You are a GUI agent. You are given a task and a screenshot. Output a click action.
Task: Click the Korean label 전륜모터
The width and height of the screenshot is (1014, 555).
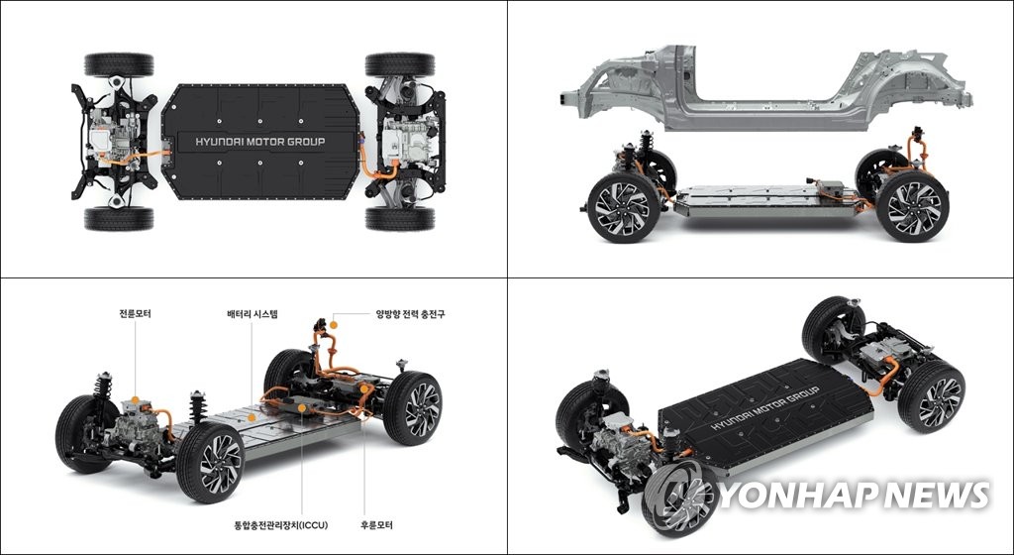click(x=135, y=314)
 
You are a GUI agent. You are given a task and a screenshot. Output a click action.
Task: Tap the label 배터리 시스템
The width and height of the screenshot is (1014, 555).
click(x=253, y=314)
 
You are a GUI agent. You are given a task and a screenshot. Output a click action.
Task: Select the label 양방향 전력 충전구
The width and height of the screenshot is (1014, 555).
click(x=411, y=314)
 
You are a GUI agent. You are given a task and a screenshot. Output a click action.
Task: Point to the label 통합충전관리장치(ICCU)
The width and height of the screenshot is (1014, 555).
click(x=280, y=525)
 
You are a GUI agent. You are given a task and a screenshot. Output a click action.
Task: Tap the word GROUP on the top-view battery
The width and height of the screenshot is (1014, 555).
click(x=305, y=142)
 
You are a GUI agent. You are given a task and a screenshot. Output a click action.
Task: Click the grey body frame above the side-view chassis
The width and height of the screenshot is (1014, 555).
click(x=766, y=88)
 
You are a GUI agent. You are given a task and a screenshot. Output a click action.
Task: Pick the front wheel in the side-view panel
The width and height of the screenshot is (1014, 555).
click(x=623, y=207)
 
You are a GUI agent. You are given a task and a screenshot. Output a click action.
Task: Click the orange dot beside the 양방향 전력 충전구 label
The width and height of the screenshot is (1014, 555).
click(x=334, y=324)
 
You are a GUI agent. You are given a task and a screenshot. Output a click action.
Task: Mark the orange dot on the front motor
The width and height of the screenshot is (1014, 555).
click(x=135, y=400)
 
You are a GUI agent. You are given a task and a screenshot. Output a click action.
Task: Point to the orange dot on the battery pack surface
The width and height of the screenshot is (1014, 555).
click(x=251, y=418)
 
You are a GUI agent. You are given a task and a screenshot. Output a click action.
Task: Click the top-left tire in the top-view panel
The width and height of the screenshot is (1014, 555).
click(x=119, y=64)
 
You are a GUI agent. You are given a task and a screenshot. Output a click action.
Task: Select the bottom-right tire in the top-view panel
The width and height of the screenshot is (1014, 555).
click(x=400, y=219)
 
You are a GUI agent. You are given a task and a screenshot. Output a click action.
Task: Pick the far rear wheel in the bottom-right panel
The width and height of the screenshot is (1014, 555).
click(x=832, y=331)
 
